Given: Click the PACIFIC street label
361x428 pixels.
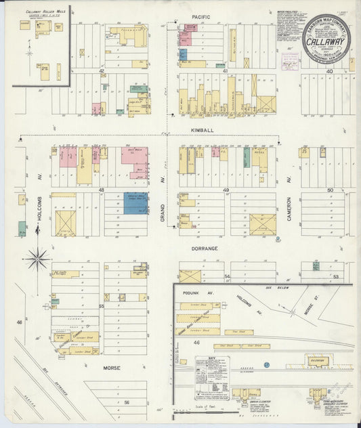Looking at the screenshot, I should (x=200, y=16).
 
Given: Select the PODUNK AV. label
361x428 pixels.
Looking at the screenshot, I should (x=194, y=293).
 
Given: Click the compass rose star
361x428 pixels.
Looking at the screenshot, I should (x=37, y=257).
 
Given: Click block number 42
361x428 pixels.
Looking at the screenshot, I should (x=101, y=70).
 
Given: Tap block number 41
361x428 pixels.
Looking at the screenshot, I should (x=224, y=70).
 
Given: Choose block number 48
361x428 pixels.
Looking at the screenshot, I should (x=101, y=190).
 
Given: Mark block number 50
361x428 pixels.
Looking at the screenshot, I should (x=331, y=190).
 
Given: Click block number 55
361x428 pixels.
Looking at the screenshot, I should (x=101, y=306).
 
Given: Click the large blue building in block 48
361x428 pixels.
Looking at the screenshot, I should (x=135, y=202).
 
